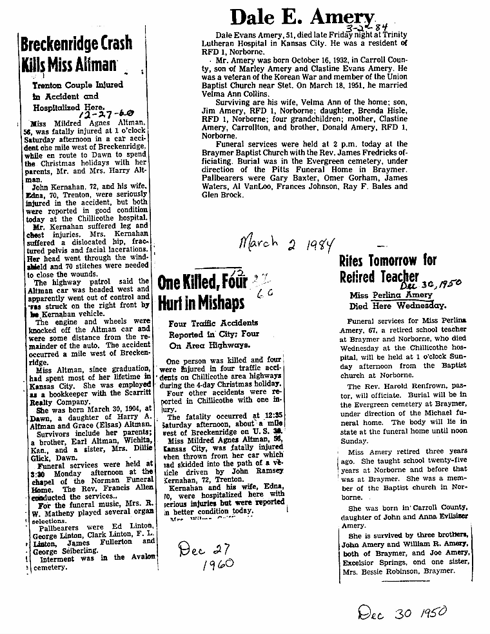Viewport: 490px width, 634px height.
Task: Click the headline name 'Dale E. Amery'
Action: coord(301,17)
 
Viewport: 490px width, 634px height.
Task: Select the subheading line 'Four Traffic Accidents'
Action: coord(213,322)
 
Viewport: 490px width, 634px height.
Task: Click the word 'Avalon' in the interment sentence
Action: coord(142,558)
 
